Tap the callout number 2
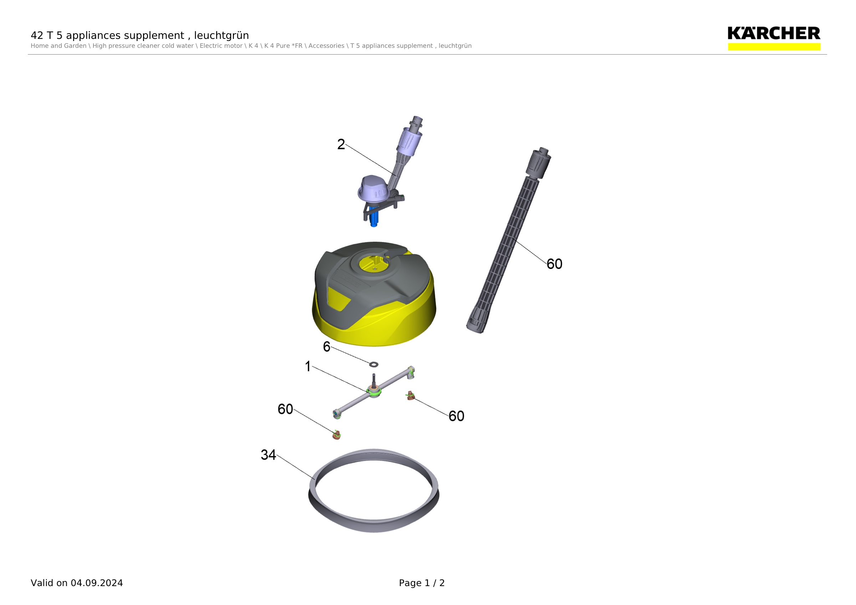(x=341, y=144)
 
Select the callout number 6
(x=327, y=347)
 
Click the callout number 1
(x=308, y=366)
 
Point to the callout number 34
(x=268, y=455)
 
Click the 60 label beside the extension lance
(x=554, y=264)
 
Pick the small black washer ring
(x=373, y=364)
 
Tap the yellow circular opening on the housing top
(x=373, y=264)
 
